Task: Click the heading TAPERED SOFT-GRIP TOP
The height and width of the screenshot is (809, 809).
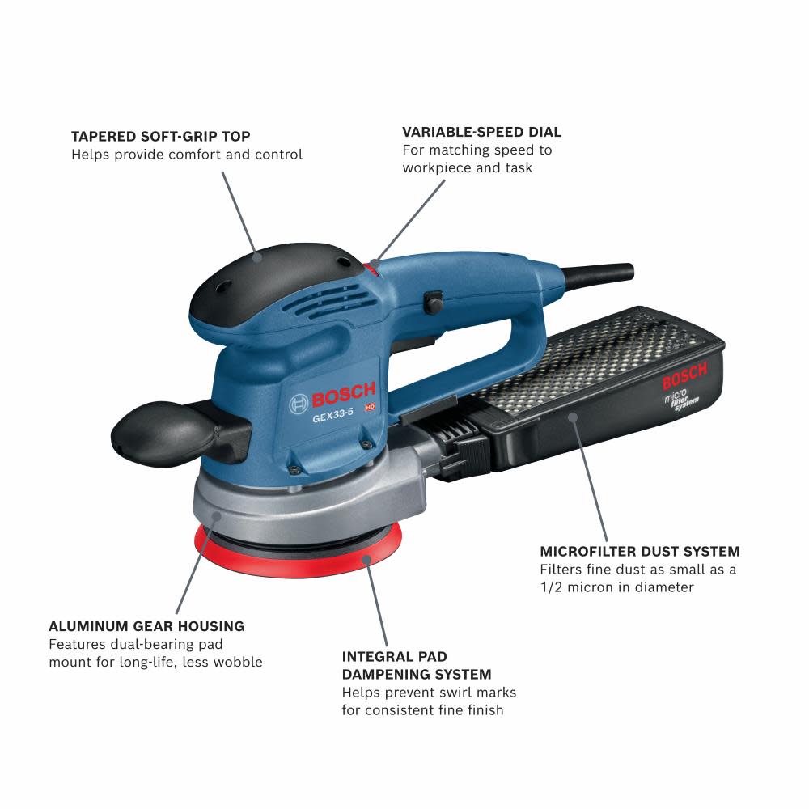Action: (160, 136)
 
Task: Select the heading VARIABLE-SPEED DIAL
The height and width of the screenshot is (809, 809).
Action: (481, 132)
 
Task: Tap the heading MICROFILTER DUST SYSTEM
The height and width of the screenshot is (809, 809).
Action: (640, 552)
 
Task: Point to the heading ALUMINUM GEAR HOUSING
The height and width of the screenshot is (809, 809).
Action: (146, 626)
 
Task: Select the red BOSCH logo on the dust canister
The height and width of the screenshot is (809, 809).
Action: (684, 376)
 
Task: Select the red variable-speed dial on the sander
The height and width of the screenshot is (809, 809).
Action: (373, 266)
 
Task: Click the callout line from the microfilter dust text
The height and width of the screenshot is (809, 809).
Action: (591, 477)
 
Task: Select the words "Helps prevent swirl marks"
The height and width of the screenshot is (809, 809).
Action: (429, 693)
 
